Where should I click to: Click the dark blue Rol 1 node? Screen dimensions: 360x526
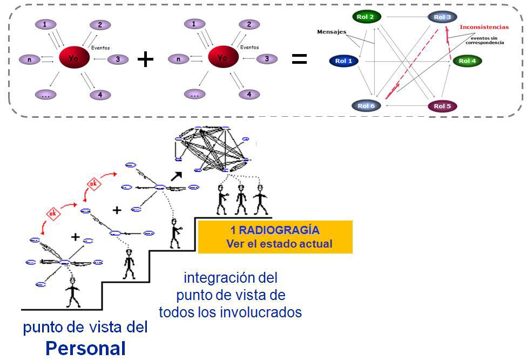coord(343,61)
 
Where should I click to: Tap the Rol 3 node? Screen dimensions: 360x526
coord(442,17)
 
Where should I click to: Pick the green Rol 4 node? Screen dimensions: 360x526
coord(467,61)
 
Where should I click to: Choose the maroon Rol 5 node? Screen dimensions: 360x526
coord(442,106)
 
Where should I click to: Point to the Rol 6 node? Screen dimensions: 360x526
coord(366,106)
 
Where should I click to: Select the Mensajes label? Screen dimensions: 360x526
coord(331,32)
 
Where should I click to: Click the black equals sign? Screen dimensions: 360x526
coord(299,59)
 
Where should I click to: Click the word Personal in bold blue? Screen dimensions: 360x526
coord(85,348)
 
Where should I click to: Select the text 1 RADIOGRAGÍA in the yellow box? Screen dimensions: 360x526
coord(275,230)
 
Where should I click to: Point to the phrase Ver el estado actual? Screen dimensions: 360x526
coord(279,244)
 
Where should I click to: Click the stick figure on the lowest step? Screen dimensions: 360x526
coord(73,292)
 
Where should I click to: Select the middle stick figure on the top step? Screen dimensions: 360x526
coord(241,200)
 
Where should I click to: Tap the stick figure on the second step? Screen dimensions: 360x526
coord(129,264)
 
